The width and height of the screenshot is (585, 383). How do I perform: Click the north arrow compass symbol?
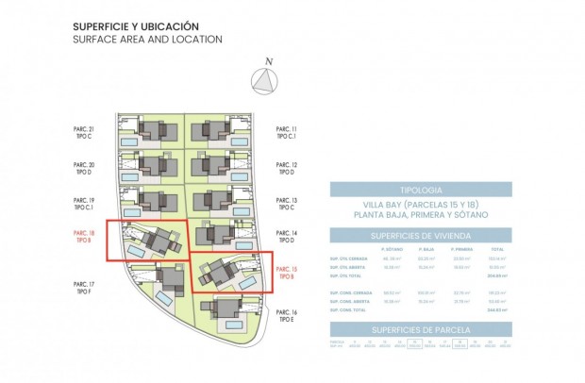coord(268,81)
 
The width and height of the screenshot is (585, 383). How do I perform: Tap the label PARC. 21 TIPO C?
coord(84,132)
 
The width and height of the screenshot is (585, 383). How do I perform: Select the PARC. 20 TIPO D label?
coord(84,168)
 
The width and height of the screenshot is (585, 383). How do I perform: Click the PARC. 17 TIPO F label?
coord(84,287)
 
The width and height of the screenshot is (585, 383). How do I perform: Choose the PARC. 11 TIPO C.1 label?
coord(288,132)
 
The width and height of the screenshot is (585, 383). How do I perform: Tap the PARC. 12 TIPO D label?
coord(288,168)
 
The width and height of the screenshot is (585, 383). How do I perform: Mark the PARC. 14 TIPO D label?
coord(288,236)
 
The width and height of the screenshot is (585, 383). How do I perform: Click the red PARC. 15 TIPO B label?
coord(288,274)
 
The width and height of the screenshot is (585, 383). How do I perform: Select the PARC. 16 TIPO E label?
coord(288,316)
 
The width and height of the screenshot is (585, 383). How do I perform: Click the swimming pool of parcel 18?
coord(137,252)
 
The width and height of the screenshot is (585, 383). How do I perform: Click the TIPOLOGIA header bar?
coord(420,190)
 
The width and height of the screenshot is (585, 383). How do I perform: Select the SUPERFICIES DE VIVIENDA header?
coord(420,236)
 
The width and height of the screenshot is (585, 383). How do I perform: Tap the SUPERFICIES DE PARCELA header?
coord(420,329)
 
